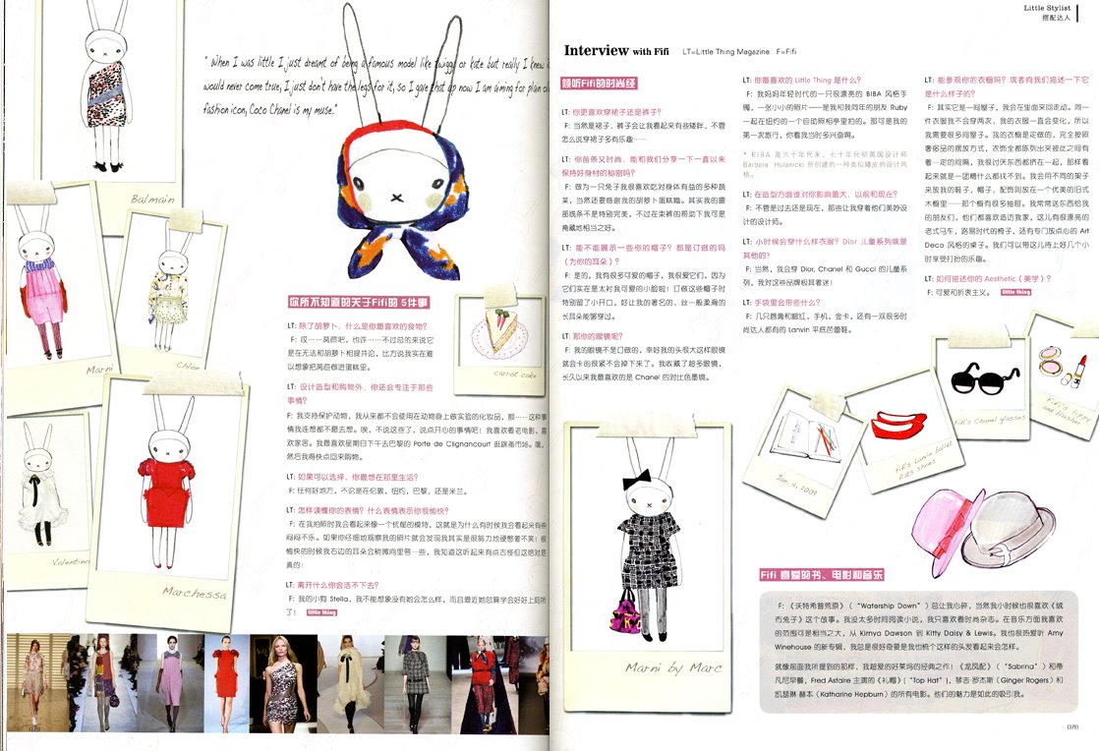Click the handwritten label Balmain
152,199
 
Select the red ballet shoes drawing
893,426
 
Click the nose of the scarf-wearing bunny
396,196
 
